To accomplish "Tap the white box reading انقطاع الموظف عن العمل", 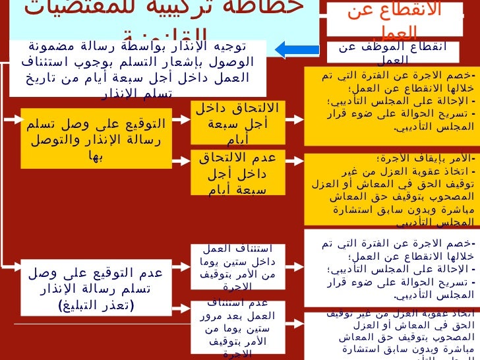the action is click(394, 52).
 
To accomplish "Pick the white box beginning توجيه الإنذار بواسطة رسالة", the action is click(138, 68).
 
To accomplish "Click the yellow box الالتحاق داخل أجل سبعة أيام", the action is click(238, 123).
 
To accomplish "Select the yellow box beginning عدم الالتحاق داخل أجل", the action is click(238, 173).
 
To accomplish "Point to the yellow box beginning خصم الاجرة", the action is click(392, 105).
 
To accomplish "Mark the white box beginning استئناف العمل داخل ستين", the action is click(238, 266).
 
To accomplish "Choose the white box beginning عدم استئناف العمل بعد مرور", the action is click(238, 327).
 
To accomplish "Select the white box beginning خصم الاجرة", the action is click(392, 268).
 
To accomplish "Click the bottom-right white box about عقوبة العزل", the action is click(392, 336).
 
